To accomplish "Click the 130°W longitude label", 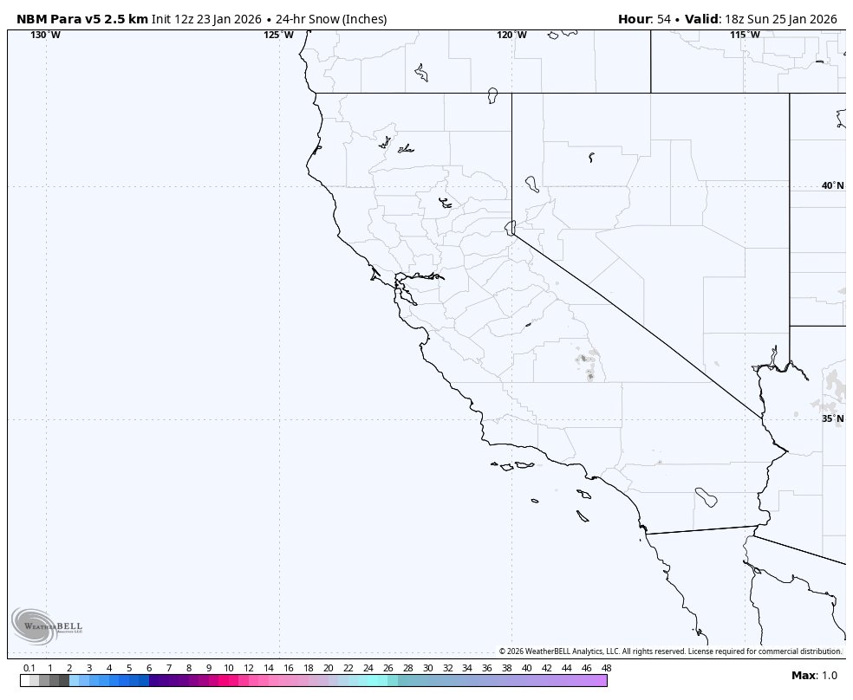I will point(46,35).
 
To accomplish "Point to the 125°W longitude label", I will point(279,35).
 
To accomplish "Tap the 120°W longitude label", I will point(511,35).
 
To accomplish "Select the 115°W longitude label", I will point(745,35).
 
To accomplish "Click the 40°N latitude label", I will point(832,185).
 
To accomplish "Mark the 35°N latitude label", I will point(832,418).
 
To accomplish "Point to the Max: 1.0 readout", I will point(814,676).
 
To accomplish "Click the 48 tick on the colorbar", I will point(606,668).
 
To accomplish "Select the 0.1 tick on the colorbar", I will point(29,668).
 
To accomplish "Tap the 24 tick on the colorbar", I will point(368,668).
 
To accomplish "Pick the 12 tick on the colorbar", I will point(249,668).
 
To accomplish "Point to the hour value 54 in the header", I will point(664,19).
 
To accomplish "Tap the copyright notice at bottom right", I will point(669,651).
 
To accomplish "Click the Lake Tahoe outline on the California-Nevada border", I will point(511,227).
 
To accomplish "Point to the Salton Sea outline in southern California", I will point(706,497).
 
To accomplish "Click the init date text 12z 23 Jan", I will point(205,19).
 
